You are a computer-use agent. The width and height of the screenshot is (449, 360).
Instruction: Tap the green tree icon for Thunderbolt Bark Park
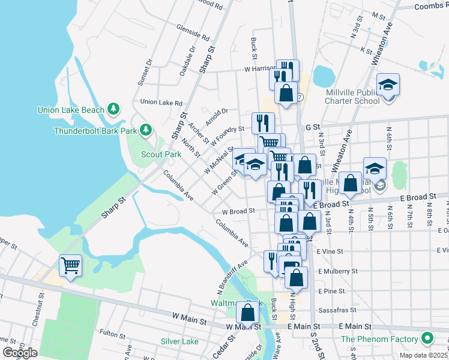(x=145, y=130)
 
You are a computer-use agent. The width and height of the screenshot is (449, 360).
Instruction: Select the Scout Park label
(x=161, y=154)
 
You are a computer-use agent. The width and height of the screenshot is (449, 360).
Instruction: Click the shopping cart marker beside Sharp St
(x=71, y=265)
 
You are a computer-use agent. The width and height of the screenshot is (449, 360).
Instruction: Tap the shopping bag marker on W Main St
(x=248, y=313)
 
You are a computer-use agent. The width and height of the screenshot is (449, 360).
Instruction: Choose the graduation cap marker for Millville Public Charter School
(x=388, y=85)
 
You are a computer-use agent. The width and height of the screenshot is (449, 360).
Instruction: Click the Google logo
(x=20, y=353)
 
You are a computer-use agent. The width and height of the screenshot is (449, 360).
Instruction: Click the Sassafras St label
(x=337, y=310)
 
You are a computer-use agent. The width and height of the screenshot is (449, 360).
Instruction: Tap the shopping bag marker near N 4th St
(x=352, y=184)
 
